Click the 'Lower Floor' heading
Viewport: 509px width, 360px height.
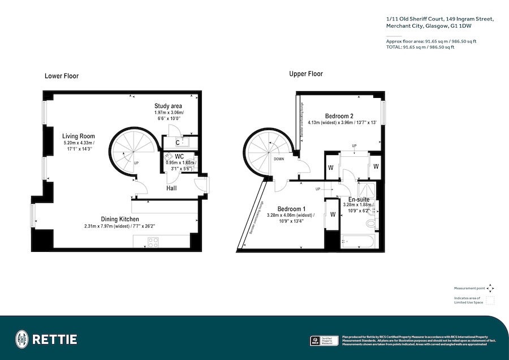[x=62, y=76]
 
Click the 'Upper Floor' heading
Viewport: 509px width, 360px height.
[x=306, y=74]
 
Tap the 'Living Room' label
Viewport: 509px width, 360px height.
[x=79, y=136]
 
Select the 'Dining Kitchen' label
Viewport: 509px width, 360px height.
[x=120, y=219]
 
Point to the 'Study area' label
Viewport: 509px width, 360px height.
[x=168, y=106]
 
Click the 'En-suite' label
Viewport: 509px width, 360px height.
[x=359, y=199]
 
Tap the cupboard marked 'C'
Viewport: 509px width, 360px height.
[x=178, y=143]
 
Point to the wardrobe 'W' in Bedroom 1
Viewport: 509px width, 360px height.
[x=333, y=215]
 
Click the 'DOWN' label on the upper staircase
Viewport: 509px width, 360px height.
[x=279, y=159]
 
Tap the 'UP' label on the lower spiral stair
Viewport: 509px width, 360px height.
[x=136, y=164]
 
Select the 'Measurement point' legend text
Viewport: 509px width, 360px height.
[x=469, y=288]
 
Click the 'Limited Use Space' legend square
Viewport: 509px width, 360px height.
[x=490, y=300]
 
